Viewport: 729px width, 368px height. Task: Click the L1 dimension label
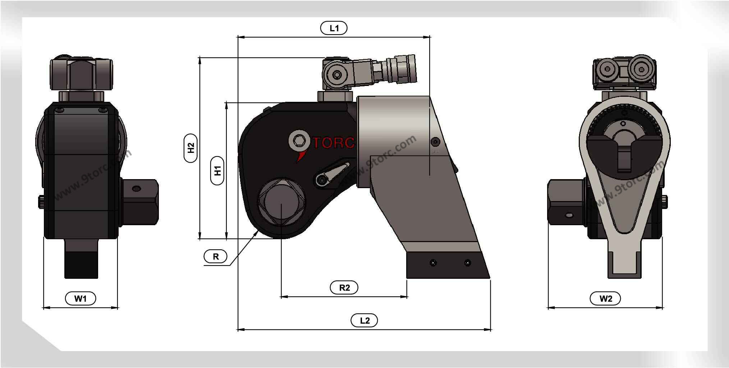pyautogui.click(x=334, y=28)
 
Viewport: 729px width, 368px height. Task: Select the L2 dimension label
pyautogui.click(x=364, y=320)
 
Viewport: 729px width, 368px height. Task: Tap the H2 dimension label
pyautogui.click(x=191, y=148)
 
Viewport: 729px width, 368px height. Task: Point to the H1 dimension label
pyautogui.click(x=217, y=171)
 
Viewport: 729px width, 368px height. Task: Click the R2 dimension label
pyautogui.click(x=344, y=287)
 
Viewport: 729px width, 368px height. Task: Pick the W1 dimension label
pyautogui.click(x=80, y=298)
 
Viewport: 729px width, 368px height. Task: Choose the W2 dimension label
pyautogui.click(x=605, y=298)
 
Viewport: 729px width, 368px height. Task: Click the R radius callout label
pyautogui.click(x=216, y=256)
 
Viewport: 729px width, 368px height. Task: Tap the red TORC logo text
pyautogui.click(x=333, y=143)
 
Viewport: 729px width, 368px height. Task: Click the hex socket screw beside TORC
pyautogui.click(x=299, y=141)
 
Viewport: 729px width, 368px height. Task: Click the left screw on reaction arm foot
pyautogui.click(x=433, y=263)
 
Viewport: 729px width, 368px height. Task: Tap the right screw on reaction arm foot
pyautogui.click(x=467, y=263)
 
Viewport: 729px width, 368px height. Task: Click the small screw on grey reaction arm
pyautogui.click(x=435, y=142)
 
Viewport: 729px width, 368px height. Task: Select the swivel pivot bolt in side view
pyautogui.click(x=337, y=75)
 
